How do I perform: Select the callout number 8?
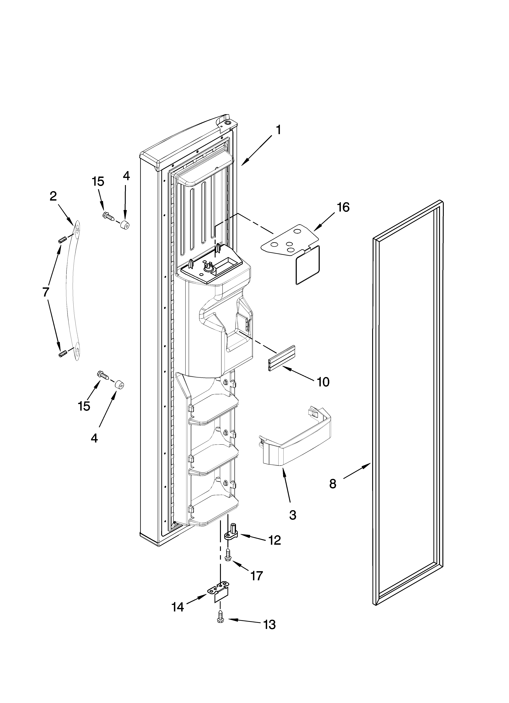333,484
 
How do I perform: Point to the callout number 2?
53,196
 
